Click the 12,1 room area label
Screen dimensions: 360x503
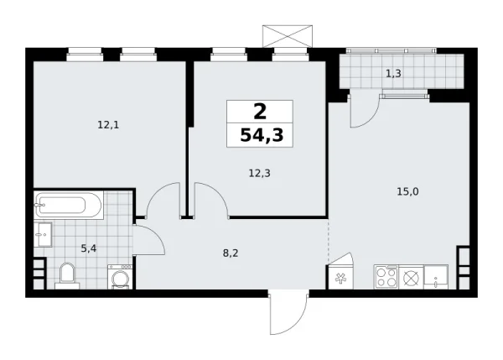coord(108,125)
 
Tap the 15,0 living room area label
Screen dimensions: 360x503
coord(407,191)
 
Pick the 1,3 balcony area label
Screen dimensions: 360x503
coord(392,74)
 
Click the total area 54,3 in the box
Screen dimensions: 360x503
coord(260,134)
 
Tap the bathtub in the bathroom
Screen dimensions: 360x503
coord(68,204)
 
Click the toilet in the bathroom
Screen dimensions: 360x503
coord(67,274)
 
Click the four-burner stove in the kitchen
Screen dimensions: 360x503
coord(386,277)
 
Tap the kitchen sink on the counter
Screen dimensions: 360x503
coord(436,276)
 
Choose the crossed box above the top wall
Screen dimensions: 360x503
coord(287,36)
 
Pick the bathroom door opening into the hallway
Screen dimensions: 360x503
coord(148,242)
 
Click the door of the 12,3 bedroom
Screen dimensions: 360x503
coord(210,199)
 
